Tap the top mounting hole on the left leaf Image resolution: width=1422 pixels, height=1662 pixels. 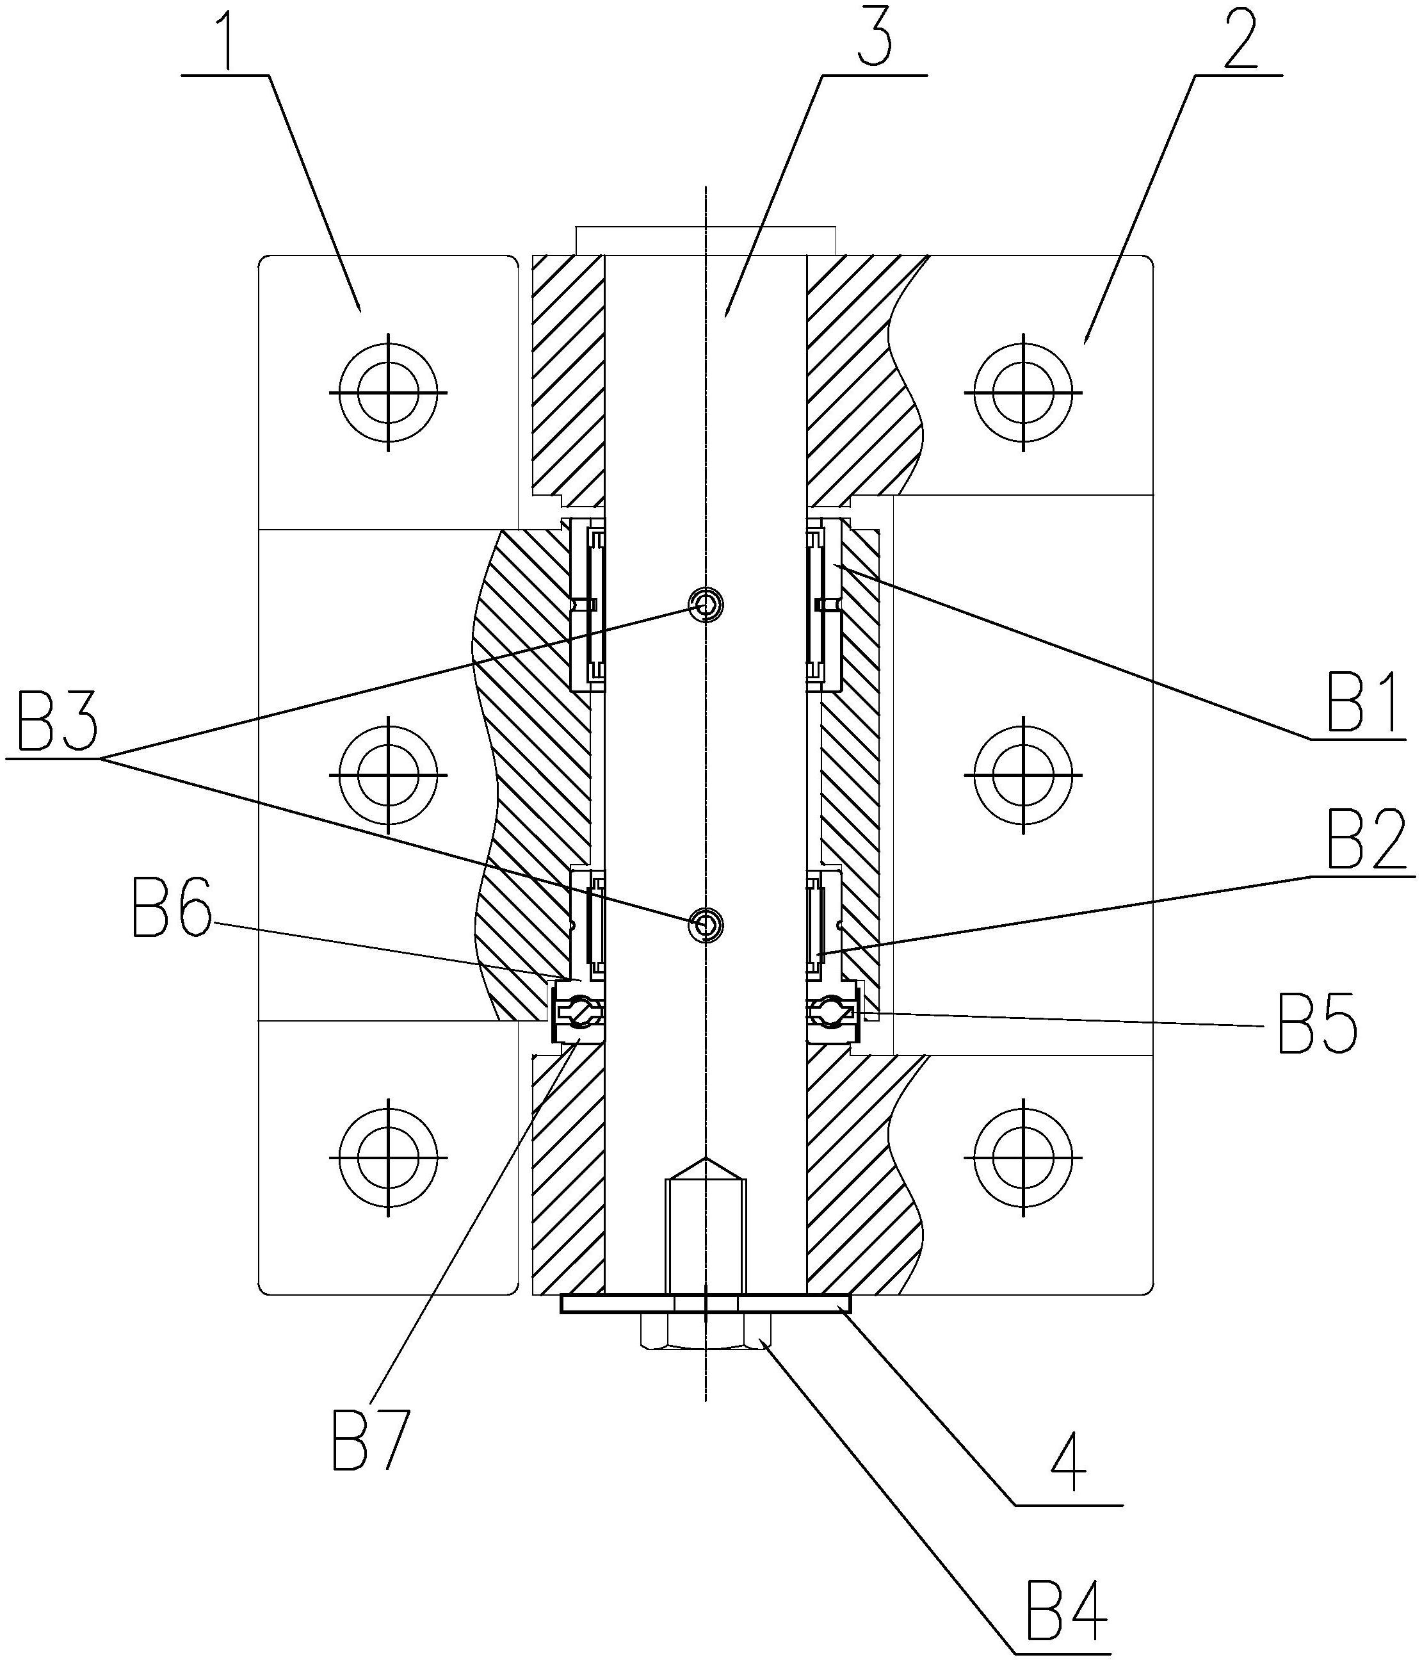[x=388, y=393]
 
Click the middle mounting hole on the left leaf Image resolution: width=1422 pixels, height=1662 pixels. [x=388, y=775]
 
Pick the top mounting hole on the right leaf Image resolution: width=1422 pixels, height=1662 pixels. [x=1022, y=393]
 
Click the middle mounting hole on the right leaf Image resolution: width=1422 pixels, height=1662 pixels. [x=1022, y=775]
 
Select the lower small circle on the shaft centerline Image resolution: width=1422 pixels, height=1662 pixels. [x=706, y=925]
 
